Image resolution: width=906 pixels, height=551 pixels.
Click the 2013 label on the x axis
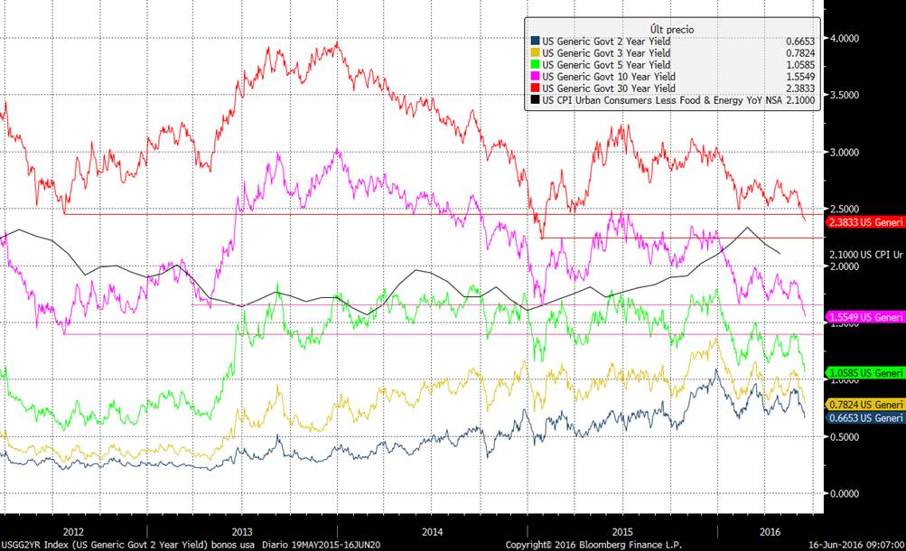(x=242, y=532)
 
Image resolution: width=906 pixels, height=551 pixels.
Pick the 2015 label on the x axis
(x=623, y=532)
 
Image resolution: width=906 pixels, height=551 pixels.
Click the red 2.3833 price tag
(x=864, y=220)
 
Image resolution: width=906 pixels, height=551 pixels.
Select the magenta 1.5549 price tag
(x=864, y=317)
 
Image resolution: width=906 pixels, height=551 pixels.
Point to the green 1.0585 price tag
(x=864, y=372)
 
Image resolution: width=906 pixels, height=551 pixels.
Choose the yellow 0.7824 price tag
(x=864, y=404)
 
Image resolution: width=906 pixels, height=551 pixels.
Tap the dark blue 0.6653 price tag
(x=864, y=418)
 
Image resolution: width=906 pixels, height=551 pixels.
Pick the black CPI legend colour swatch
(x=535, y=100)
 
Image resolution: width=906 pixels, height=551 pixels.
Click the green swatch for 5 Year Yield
(x=535, y=65)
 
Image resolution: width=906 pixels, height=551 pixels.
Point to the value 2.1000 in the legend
(x=801, y=100)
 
